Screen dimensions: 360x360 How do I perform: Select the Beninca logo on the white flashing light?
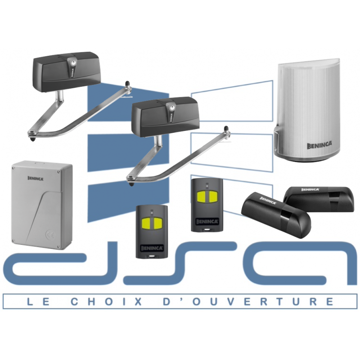click(x=319, y=146)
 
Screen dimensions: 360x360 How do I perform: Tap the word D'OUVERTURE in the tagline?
click(x=252, y=301)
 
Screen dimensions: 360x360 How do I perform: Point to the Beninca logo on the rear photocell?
click(x=310, y=189)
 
